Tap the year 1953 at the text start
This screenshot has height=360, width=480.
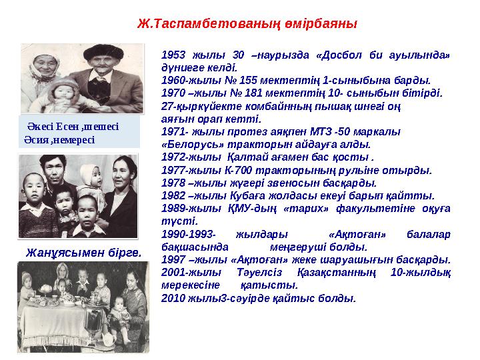tap(174, 54)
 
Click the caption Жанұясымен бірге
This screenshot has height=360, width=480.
tap(83, 253)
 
